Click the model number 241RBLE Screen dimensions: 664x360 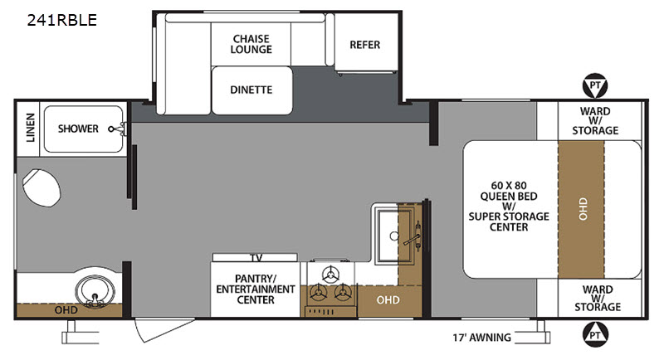click(61, 20)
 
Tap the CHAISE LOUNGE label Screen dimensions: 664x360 click(251, 44)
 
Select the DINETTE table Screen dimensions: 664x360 click(252, 90)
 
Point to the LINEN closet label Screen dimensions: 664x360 click(30, 128)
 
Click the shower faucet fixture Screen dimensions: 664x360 click(117, 129)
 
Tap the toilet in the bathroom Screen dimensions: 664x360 click(41, 187)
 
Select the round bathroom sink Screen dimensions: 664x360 click(95, 291)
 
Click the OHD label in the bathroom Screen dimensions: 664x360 click(66, 310)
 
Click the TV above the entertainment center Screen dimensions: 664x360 click(255, 257)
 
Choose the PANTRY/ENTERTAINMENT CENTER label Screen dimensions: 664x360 click(256, 289)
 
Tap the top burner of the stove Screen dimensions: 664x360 click(330, 275)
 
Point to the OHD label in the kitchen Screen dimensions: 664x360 click(388, 300)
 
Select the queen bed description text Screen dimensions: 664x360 click(509, 206)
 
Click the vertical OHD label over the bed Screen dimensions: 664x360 click(583, 208)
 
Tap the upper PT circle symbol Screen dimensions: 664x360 click(595, 86)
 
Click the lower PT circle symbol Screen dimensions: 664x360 click(595, 334)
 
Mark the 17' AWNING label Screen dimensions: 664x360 click(482, 338)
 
